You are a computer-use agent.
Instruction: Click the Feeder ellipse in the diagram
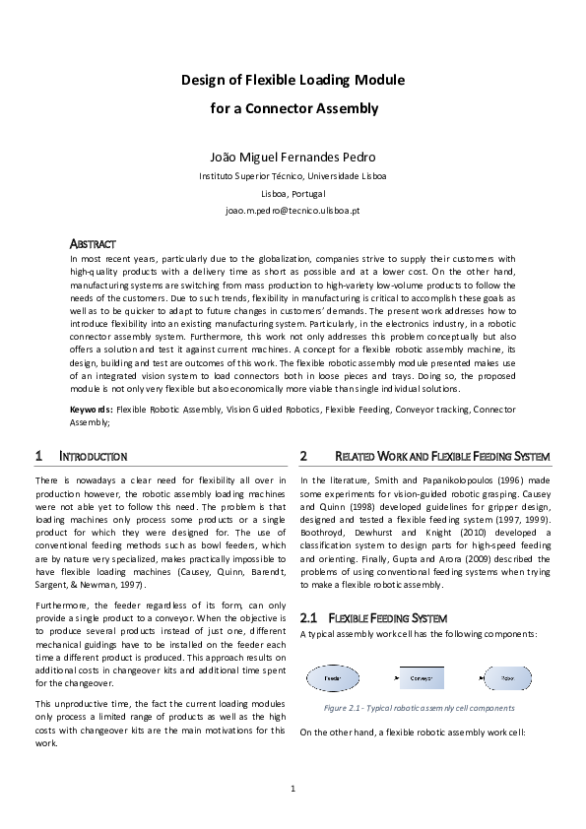click(x=333, y=679)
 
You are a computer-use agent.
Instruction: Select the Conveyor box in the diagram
click(x=422, y=679)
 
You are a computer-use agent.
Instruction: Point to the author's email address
click(x=293, y=211)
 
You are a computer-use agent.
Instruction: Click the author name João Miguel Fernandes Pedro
click(x=293, y=158)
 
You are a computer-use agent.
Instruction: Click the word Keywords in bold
click(x=92, y=408)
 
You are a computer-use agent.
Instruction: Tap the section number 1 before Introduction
click(x=37, y=457)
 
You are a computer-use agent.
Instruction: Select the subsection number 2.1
click(x=307, y=617)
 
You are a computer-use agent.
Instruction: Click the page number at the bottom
click(x=293, y=788)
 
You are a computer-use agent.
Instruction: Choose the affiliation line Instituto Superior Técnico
click(x=293, y=176)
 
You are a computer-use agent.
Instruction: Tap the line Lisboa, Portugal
click(x=293, y=194)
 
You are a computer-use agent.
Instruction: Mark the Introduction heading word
click(x=94, y=457)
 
